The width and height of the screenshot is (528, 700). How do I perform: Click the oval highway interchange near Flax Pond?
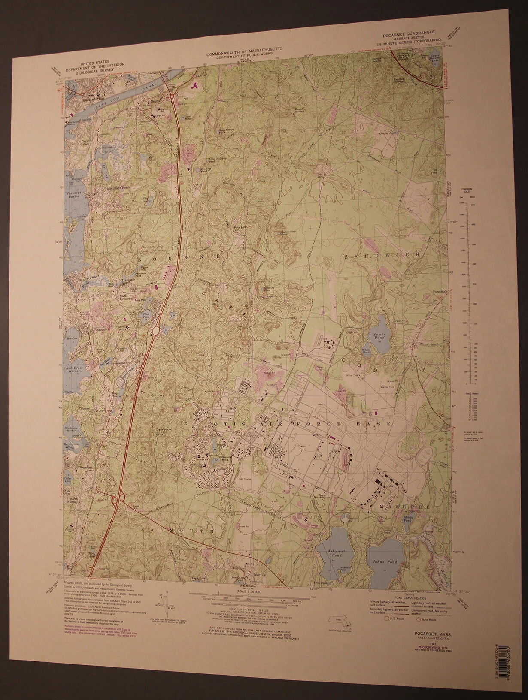point(156,331)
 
